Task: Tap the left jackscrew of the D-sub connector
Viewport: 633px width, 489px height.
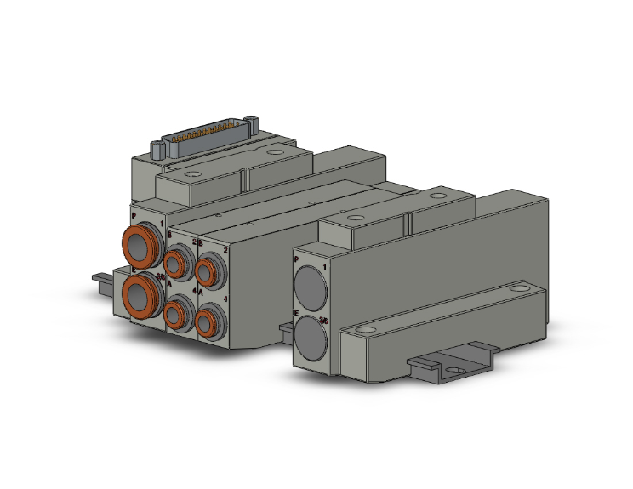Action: click(x=157, y=150)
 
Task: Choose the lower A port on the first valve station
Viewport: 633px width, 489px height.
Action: click(x=177, y=316)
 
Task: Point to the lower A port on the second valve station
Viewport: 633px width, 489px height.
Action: click(x=206, y=323)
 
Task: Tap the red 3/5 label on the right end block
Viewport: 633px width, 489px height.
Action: click(x=323, y=321)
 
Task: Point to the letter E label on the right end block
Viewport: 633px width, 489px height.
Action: click(x=297, y=313)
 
